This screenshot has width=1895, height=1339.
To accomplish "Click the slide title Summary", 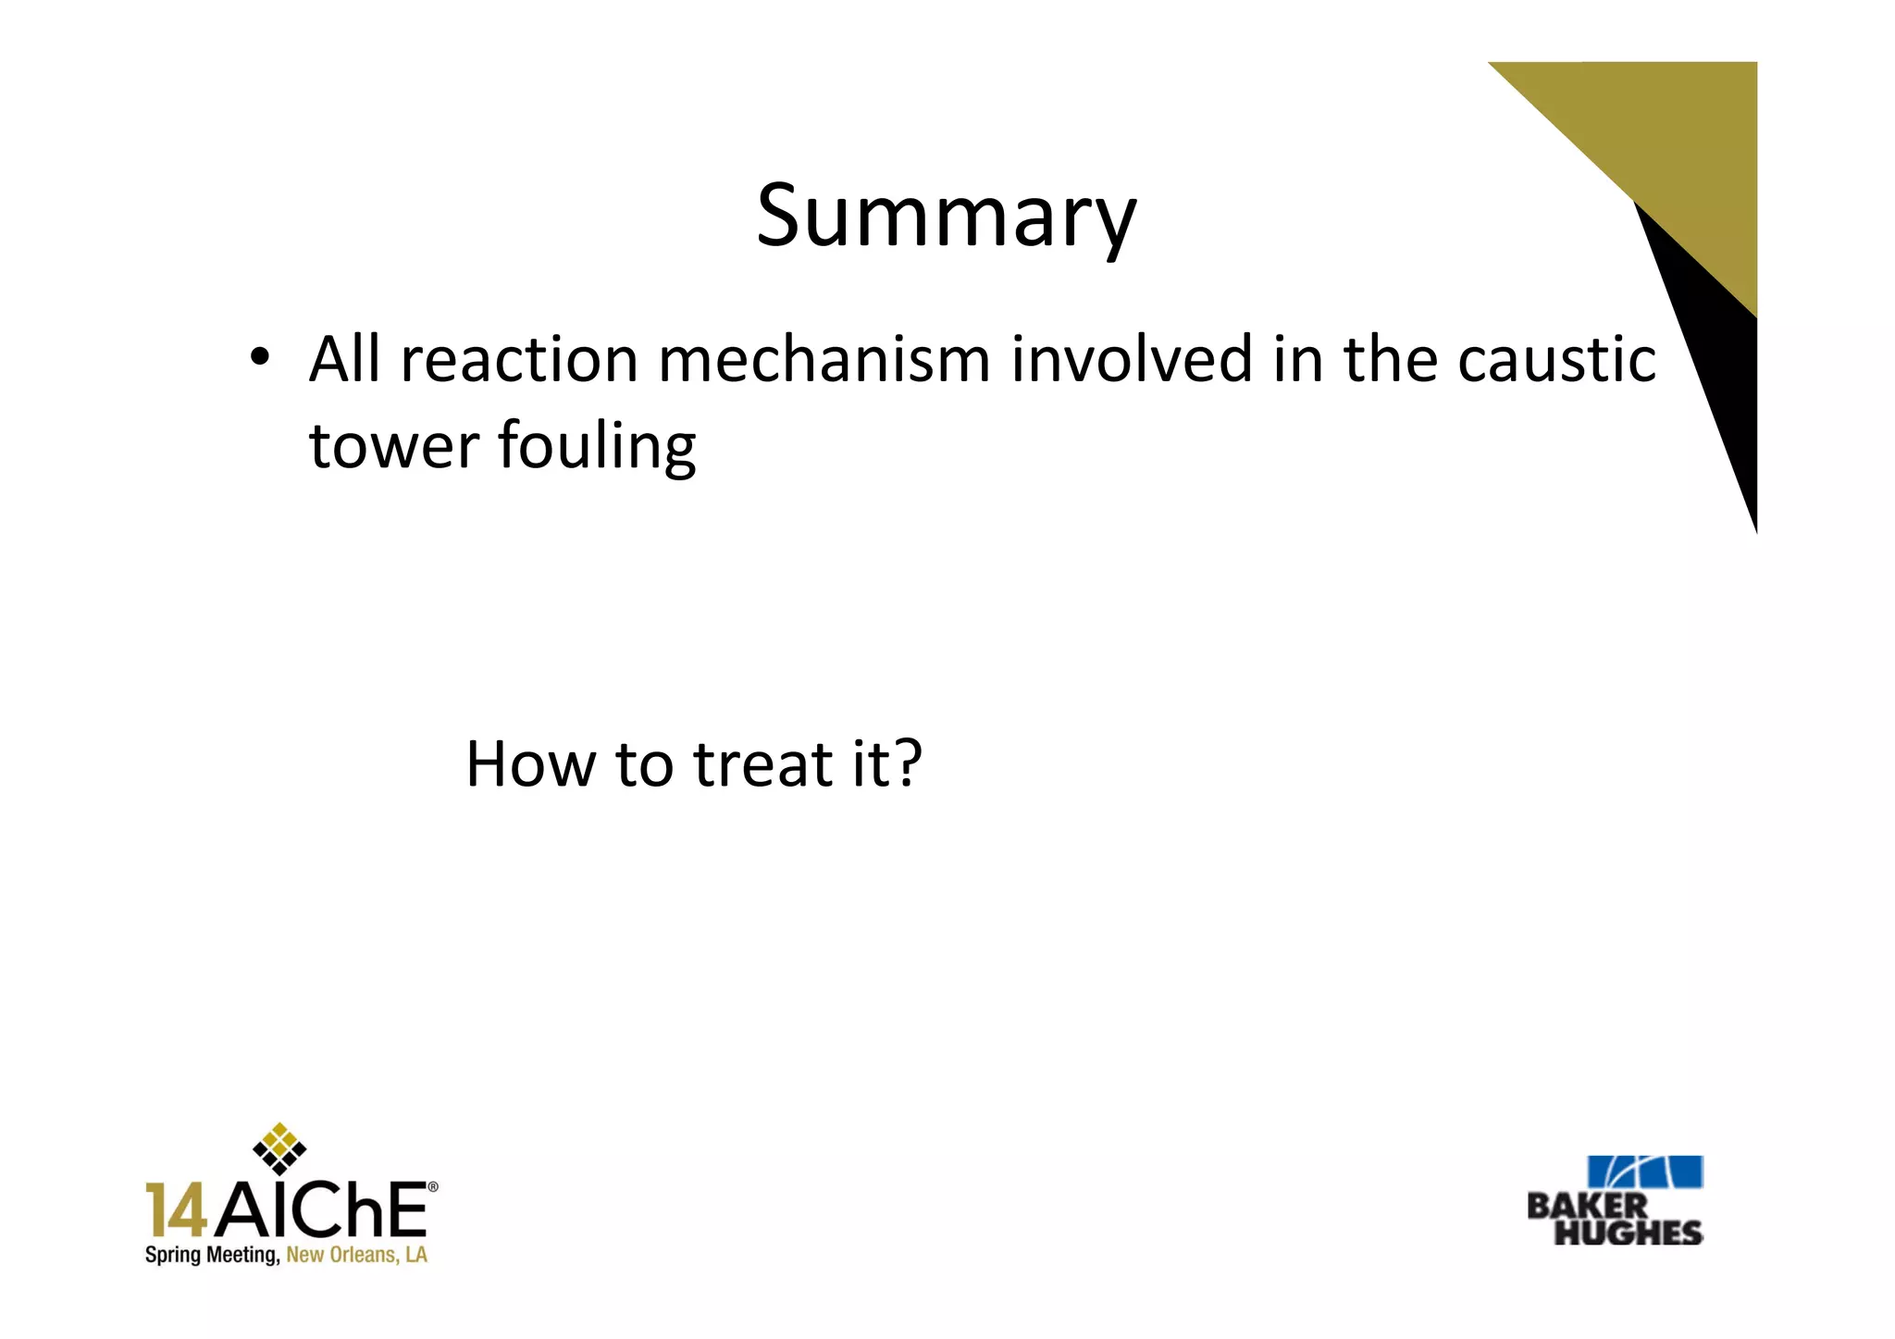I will pos(946,217).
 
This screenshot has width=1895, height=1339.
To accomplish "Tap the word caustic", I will pos(1556,359).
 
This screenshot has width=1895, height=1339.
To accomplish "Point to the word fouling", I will pos(596,447).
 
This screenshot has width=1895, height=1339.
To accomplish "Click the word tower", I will pos(392,445).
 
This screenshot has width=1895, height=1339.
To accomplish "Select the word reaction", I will pos(519,359).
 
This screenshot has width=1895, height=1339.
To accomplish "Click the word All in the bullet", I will pos(344,359).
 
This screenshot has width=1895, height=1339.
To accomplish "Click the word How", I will pos(530,764).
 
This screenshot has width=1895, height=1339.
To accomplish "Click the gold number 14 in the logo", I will pos(176,1209).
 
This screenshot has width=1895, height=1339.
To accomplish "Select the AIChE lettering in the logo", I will pos(321,1209).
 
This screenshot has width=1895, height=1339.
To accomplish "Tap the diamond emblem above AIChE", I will pos(279,1147).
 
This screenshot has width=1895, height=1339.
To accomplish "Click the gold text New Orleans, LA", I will pos(356,1256).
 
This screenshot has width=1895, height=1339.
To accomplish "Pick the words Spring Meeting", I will pos(212,1256).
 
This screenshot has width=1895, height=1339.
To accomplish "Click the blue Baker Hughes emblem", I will pos(1644,1172).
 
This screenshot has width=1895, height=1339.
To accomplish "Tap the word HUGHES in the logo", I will pos(1628,1233).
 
